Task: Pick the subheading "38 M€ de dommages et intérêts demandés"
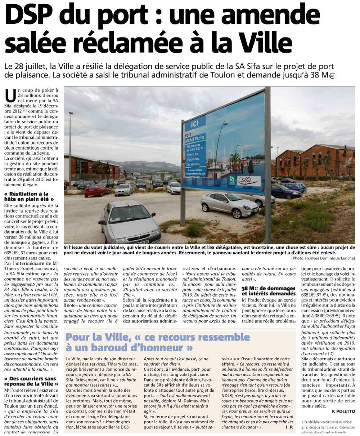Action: pyautogui.click(x=268, y=291)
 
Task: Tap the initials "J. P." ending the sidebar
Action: pyautogui.click(x=288, y=427)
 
